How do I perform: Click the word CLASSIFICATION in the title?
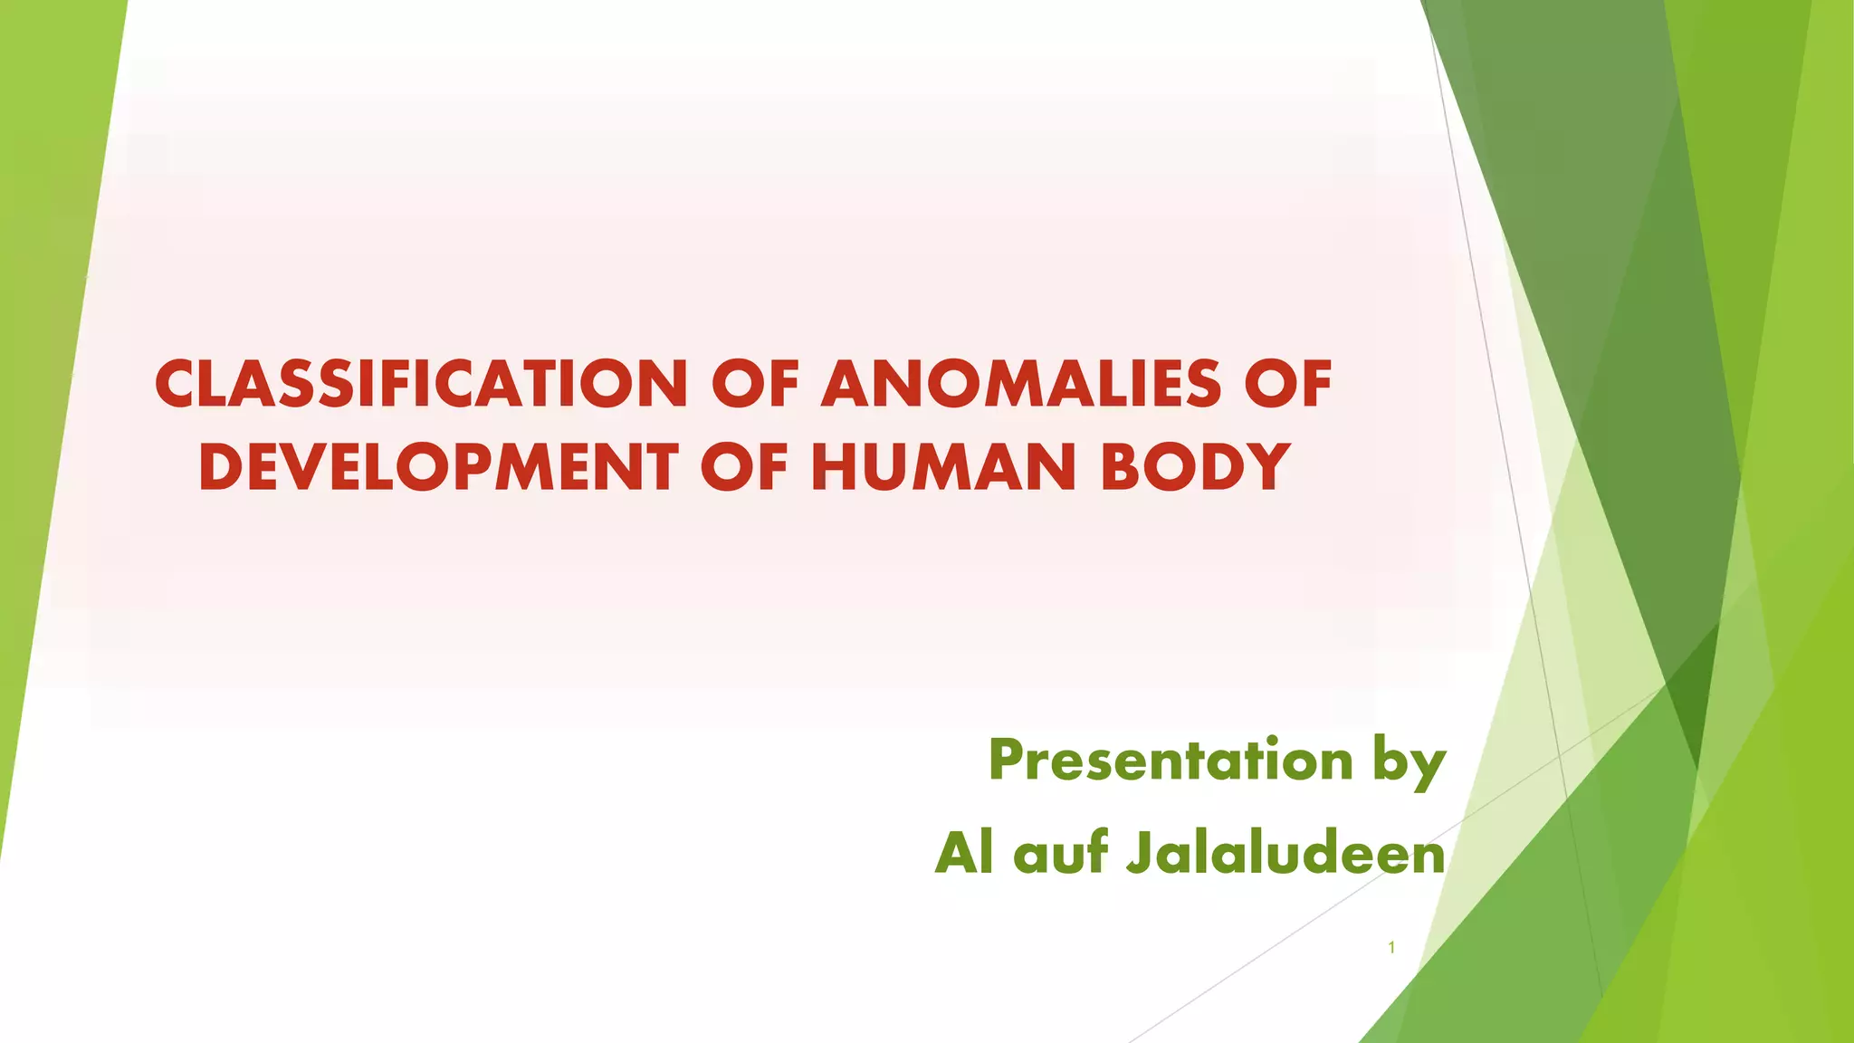tap(421, 384)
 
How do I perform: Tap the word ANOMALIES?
tap(1020, 384)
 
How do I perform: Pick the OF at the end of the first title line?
tap(1288, 384)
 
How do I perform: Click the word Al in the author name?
tap(963, 853)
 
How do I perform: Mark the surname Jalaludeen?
tap(1285, 853)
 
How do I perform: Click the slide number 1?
tap(1391, 948)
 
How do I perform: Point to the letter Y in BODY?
tap(1266, 467)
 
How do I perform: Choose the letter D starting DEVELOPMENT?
tap(218, 467)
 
